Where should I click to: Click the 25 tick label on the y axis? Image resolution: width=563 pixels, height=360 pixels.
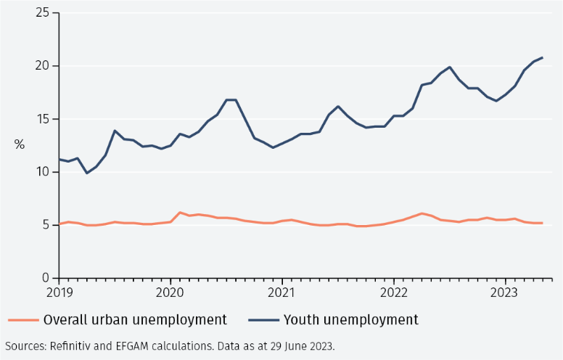point(42,13)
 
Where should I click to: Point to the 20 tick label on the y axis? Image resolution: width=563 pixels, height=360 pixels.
point(42,66)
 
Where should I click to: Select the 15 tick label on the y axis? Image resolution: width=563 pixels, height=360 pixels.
point(42,119)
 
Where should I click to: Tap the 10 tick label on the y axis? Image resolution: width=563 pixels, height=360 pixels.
point(42,172)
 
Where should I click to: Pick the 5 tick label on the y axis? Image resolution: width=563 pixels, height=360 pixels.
point(46,225)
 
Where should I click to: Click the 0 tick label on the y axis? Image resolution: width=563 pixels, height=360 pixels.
point(46,278)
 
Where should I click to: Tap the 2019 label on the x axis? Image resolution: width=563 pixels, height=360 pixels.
point(59,292)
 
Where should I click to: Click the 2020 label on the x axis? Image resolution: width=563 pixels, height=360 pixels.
point(170,292)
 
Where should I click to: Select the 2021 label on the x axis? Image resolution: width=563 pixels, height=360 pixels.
point(281,292)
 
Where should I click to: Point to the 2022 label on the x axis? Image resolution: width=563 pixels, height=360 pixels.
point(393,292)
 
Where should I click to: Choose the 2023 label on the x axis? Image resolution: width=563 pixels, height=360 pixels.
point(504,292)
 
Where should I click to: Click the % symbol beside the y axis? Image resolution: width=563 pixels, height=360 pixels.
point(20,144)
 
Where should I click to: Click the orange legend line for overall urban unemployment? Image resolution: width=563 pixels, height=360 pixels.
point(22,320)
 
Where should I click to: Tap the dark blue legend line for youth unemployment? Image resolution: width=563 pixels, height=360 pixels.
point(263,320)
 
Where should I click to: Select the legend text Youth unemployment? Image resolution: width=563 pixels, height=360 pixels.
point(350,320)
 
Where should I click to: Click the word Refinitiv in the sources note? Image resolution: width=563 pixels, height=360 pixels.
point(71,345)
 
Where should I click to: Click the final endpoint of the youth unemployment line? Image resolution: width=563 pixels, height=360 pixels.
point(542,57)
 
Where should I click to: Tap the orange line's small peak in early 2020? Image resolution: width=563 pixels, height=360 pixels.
point(180,213)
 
